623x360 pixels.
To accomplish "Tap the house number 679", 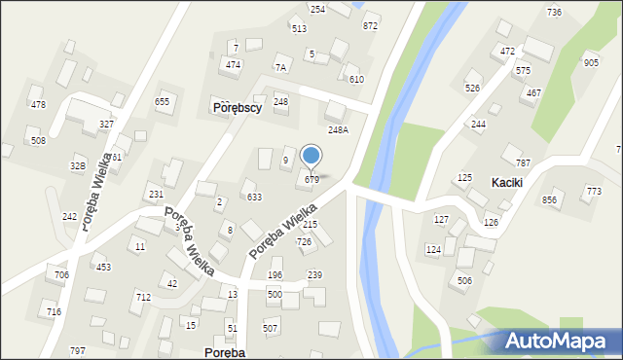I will point(312,179).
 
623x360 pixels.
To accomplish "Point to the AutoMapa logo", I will point(560,341).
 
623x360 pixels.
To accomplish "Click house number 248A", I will point(338,129).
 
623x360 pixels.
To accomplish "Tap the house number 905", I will point(591,62).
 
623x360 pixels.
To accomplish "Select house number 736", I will point(554,12).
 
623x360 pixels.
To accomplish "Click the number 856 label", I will point(549,199).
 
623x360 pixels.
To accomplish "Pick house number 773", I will point(594,191).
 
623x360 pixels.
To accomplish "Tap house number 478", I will point(38,104).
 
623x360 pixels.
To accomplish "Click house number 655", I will point(163,101).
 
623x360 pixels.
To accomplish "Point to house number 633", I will point(254,197).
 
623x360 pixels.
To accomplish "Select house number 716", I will point(54,311).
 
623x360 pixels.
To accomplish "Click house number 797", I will point(78,350).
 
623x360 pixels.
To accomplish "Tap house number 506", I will point(464,280).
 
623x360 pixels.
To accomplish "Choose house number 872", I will point(370,25).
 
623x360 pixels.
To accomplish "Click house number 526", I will point(473,89).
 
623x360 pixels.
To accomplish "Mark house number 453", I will point(102,267).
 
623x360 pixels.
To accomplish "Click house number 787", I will point(523,162).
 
